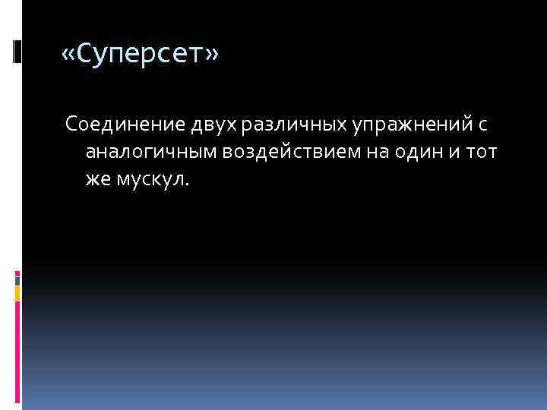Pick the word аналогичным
[x=150, y=152]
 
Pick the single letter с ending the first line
[x=482, y=125]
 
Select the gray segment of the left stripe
[x=17, y=279]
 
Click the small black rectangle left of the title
[x=17, y=50]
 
